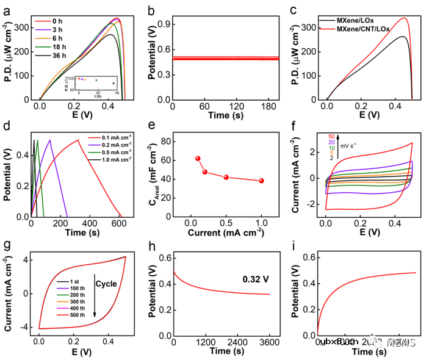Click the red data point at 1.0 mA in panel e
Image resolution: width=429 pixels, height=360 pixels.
point(261,181)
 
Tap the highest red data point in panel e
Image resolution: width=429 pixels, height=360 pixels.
point(198,158)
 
